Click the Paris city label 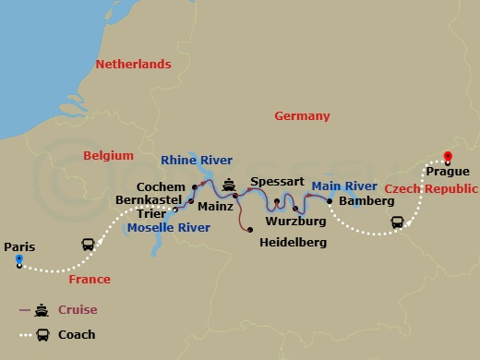tap(19, 246)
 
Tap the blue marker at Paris tap(18, 261)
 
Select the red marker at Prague tap(448, 157)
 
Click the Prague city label tap(448, 172)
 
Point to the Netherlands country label tap(134, 65)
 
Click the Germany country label tap(302, 116)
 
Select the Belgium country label tap(108, 155)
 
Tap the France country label tap(90, 279)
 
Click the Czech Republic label tap(430, 188)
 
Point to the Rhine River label tap(197, 160)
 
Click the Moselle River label tap(167, 227)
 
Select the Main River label tap(344, 186)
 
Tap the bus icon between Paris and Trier tap(88, 246)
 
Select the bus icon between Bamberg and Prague tap(398, 222)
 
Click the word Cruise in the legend tap(78, 310)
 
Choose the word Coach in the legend tap(77, 334)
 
